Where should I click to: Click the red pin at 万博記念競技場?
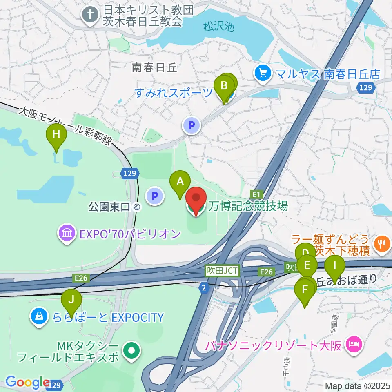pyautogui.click(x=196, y=199)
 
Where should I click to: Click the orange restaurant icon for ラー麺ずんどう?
pyautogui.click(x=382, y=243)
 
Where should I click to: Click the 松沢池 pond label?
pyautogui.click(x=219, y=27)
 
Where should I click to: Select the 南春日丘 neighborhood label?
pyautogui.click(x=154, y=68)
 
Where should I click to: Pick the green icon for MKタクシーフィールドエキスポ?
pyautogui.click(x=131, y=350)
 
